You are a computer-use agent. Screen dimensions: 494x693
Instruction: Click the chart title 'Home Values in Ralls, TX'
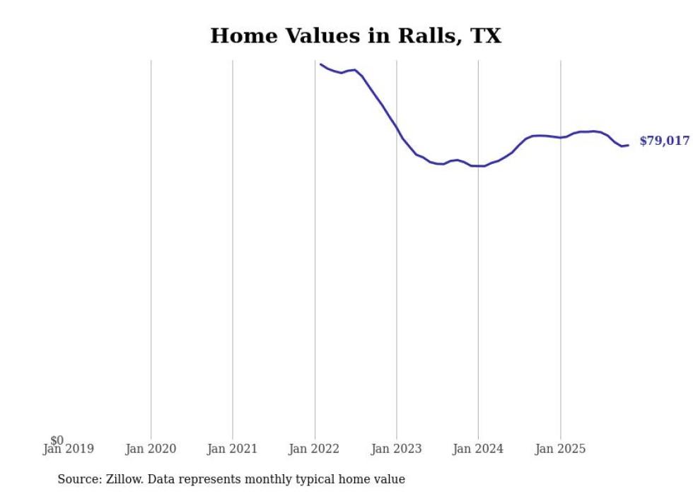point(356,36)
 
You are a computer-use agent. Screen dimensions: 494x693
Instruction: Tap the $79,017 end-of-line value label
point(664,141)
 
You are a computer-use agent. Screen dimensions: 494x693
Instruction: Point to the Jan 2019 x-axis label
point(69,449)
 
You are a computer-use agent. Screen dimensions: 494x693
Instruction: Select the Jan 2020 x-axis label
point(151,449)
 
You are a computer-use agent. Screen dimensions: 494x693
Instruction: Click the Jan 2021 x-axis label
point(233,449)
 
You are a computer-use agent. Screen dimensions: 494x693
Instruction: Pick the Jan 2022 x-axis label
point(314,449)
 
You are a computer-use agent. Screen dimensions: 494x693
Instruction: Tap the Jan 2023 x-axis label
point(396,449)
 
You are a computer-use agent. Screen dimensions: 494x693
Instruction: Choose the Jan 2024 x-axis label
point(478,449)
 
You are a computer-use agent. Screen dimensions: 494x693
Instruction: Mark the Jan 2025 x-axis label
point(560,449)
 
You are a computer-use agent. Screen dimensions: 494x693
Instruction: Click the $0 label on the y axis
point(57,440)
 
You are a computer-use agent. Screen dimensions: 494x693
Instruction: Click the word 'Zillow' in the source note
point(122,479)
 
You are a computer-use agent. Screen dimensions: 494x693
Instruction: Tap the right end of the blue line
point(628,146)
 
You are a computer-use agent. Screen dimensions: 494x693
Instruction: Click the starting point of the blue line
point(320,64)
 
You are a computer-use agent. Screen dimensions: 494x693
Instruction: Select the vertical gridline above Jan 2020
point(151,247)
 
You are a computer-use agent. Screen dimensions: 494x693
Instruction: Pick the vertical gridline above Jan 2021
point(233,247)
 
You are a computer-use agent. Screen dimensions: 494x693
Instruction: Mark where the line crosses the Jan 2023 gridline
point(397,128)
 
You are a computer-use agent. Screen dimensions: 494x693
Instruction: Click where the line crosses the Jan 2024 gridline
point(478,166)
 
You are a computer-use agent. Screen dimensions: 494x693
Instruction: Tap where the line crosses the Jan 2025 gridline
point(561,137)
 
